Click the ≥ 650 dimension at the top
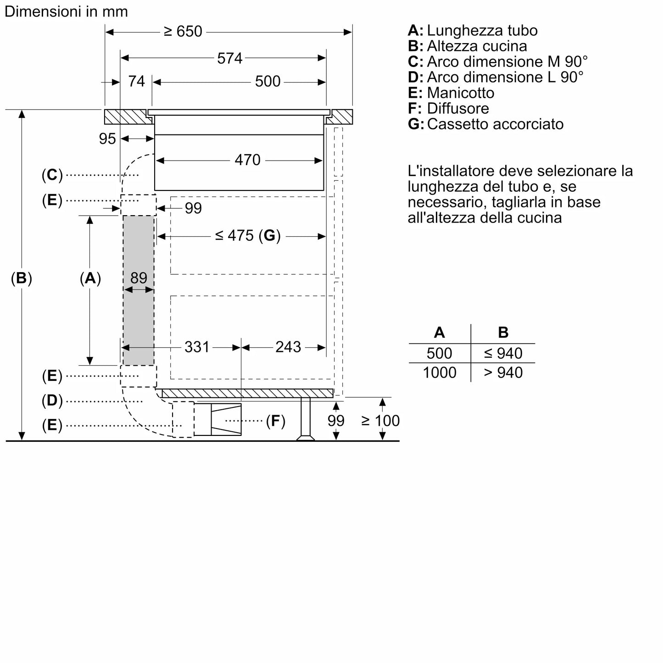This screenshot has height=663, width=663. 183,31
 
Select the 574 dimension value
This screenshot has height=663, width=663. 229,58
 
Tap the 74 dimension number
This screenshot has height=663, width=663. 136,81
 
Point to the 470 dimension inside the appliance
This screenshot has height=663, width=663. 247,160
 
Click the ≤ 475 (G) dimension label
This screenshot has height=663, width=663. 247,235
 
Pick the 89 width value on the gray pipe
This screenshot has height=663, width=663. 139,278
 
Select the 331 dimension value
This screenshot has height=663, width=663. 197,347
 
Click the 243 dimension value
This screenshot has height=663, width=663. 288,347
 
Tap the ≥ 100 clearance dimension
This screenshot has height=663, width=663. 380,421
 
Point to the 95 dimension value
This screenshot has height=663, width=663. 107,139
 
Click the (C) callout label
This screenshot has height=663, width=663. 52,175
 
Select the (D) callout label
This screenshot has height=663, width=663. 52,401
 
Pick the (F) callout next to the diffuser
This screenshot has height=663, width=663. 275,421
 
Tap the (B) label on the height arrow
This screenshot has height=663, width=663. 22,278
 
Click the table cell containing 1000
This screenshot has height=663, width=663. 439,372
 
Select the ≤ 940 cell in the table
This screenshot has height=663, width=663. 503,353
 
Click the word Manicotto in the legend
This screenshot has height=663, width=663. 460,93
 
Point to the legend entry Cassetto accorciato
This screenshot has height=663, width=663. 495,124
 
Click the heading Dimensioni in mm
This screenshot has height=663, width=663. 66,11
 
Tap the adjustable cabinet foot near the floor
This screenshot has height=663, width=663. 305,418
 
